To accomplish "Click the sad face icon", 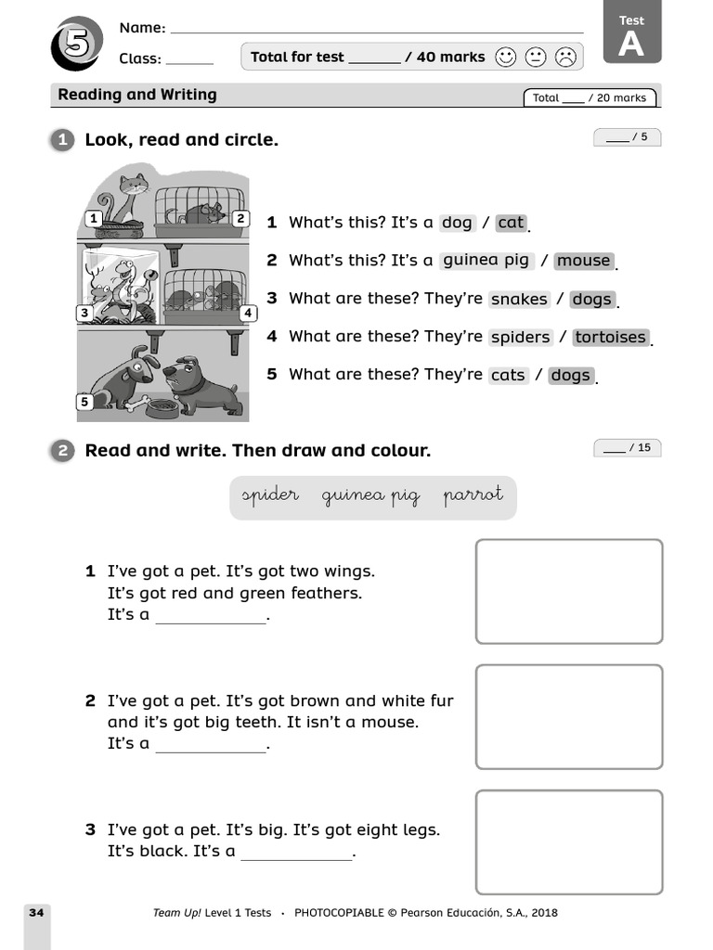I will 564,58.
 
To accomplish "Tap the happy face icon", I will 505,58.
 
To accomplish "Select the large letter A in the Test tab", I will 631,44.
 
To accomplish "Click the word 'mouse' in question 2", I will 584,261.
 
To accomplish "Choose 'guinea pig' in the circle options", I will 486,261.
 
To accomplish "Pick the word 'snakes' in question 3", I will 519,299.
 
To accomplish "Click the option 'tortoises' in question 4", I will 610,337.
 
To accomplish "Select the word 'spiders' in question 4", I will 520,337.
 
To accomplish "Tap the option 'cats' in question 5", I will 508,375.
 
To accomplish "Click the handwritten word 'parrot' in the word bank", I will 473,495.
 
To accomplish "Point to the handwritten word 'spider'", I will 270,495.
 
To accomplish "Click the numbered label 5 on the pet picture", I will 85,402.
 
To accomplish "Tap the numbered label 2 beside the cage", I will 240,219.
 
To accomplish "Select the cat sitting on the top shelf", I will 127,199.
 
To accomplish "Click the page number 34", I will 36,913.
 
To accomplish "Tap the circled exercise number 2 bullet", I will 62,452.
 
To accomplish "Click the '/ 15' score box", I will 628,448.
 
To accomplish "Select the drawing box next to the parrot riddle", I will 569,591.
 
